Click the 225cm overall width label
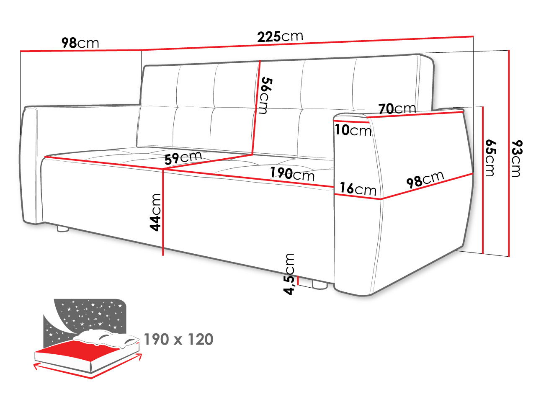click(x=280, y=36)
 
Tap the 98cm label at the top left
click(x=80, y=43)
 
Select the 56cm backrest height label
click(x=265, y=95)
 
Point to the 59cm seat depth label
click(x=183, y=158)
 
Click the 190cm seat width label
click(x=292, y=174)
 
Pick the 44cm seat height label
click(x=155, y=212)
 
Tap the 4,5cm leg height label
click(x=289, y=274)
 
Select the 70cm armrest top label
click(x=397, y=108)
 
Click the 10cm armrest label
click(x=353, y=130)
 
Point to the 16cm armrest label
click(x=358, y=189)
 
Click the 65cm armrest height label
click(x=490, y=158)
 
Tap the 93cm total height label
click(x=517, y=158)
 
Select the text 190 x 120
click(x=178, y=339)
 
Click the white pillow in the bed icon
click(x=106, y=338)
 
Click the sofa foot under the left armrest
click(x=63, y=229)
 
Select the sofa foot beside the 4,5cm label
click(x=320, y=285)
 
